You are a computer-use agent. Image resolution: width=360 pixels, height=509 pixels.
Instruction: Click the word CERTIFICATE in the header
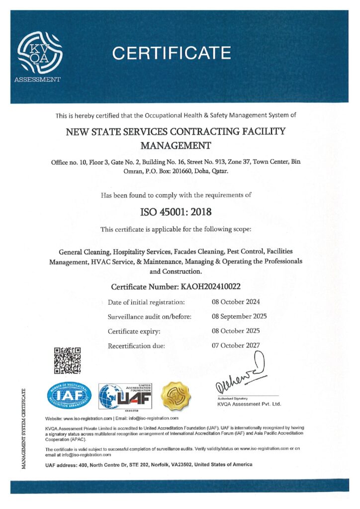[x=172, y=53]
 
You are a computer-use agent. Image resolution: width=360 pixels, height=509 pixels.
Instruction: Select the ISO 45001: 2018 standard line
[x=177, y=212]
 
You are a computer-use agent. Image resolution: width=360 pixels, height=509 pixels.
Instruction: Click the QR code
[x=67, y=361]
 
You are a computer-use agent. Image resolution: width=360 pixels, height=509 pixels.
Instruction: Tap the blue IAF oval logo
[x=70, y=395]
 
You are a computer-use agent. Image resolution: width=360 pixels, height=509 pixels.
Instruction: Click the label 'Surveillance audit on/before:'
[x=150, y=317]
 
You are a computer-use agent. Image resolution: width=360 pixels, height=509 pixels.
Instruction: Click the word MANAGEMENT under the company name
[x=177, y=146]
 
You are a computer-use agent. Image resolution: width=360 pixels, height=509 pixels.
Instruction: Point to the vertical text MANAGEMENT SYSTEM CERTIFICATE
[x=23, y=427]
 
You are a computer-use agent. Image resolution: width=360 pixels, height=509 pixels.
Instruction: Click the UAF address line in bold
[x=149, y=464]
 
